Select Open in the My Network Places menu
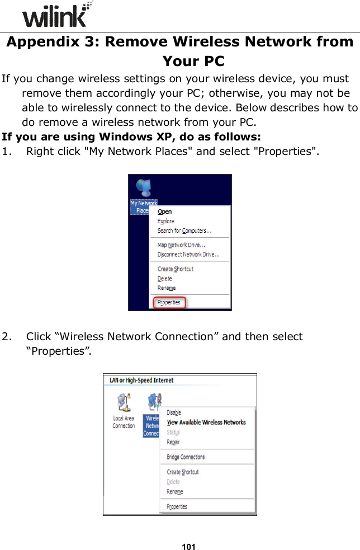click(x=165, y=212)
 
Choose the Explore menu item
click(x=166, y=221)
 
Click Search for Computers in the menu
click(x=184, y=231)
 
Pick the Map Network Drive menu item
click(x=181, y=245)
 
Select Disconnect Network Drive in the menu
click(x=188, y=255)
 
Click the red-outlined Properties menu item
click(x=169, y=302)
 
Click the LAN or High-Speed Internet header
click(x=141, y=380)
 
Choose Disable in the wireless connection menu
click(x=174, y=412)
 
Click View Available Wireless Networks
click(x=206, y=422)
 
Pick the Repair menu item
click(x=173, y=442)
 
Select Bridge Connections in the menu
click(x=186, y=457)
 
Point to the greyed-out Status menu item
click(x=173, y=432)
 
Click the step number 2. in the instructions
click(x=8, y=337)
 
